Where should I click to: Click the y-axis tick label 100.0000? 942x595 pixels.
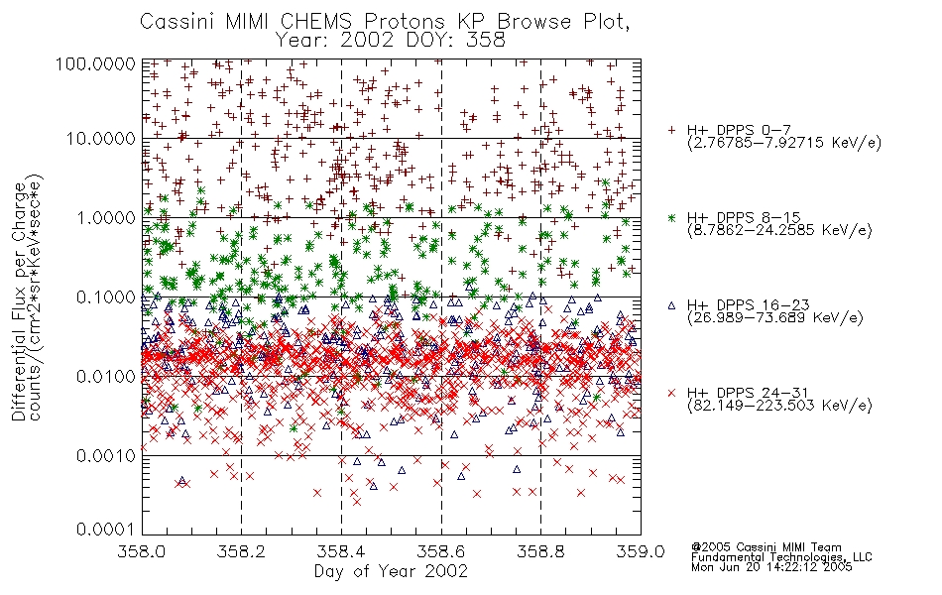(x=95, y=63)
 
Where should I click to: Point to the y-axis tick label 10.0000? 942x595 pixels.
(x=101, y=139)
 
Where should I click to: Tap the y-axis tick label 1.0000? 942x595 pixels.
(x=106, y=217)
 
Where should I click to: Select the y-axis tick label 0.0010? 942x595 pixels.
(x=106, y=456)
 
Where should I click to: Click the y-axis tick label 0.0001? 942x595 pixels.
(x=106, y=530)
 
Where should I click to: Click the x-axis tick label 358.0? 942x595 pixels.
(x=142, y=551)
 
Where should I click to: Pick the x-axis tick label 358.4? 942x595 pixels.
(x=341, y=551)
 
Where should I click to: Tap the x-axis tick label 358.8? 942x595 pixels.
(x=540, y=551)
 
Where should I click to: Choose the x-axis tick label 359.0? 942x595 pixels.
(x=641, y=551)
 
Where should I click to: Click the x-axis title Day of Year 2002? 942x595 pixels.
(x=391, y=571)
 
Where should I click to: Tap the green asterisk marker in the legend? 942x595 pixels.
(x=671, y=217)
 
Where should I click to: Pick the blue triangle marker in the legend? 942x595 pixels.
(x=671, y=305)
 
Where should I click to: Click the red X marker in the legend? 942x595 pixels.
(x=671, y=393)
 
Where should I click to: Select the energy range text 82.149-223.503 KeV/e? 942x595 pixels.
(x=779, y=406)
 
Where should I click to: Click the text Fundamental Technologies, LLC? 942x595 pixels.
(x=781, y=557)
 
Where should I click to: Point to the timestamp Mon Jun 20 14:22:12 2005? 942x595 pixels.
(x=771, y=567)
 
